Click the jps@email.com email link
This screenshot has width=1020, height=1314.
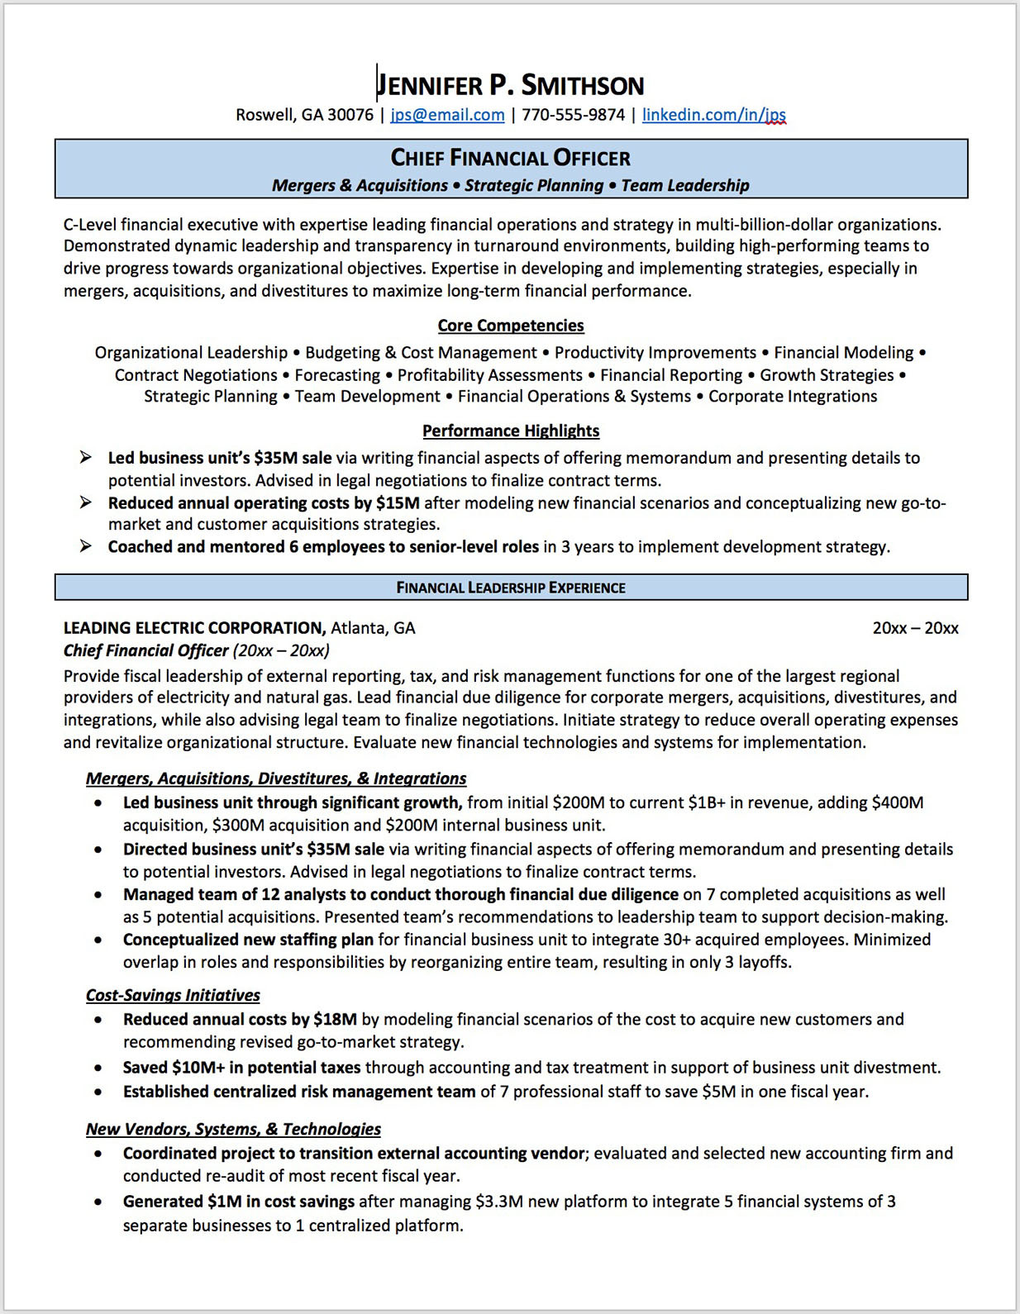[x=447, y=115]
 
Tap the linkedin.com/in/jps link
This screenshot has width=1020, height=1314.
[x=713, y=115]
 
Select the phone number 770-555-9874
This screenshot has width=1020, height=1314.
[x=573, y=115]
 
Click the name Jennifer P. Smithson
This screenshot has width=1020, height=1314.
[x=510, y=85]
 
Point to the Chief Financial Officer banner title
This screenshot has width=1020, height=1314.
[x=510, y=158]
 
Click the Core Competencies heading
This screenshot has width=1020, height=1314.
[x=510, y=326]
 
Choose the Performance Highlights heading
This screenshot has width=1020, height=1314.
[x=510, y=431]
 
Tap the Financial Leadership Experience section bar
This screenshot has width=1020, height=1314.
[x=510, y=588]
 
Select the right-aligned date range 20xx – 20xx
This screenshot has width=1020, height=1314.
[x=915, y=628]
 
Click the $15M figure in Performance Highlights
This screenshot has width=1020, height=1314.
[x=398, y=503]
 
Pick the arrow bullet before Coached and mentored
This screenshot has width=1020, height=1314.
[x=85, y=546]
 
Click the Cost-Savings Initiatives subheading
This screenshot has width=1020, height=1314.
[x=173, y=995]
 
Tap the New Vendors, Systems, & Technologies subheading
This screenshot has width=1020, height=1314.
[x=233, y=1129]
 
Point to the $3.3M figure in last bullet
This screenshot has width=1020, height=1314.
[x=499, y=1202]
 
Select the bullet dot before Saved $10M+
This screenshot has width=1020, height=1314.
[x=98, y=1069]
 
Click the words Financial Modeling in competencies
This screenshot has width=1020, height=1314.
[x=843, y=353]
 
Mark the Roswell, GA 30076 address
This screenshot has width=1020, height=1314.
[x=304, y=115]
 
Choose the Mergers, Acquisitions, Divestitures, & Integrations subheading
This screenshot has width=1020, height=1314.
[x=276, y=778]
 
